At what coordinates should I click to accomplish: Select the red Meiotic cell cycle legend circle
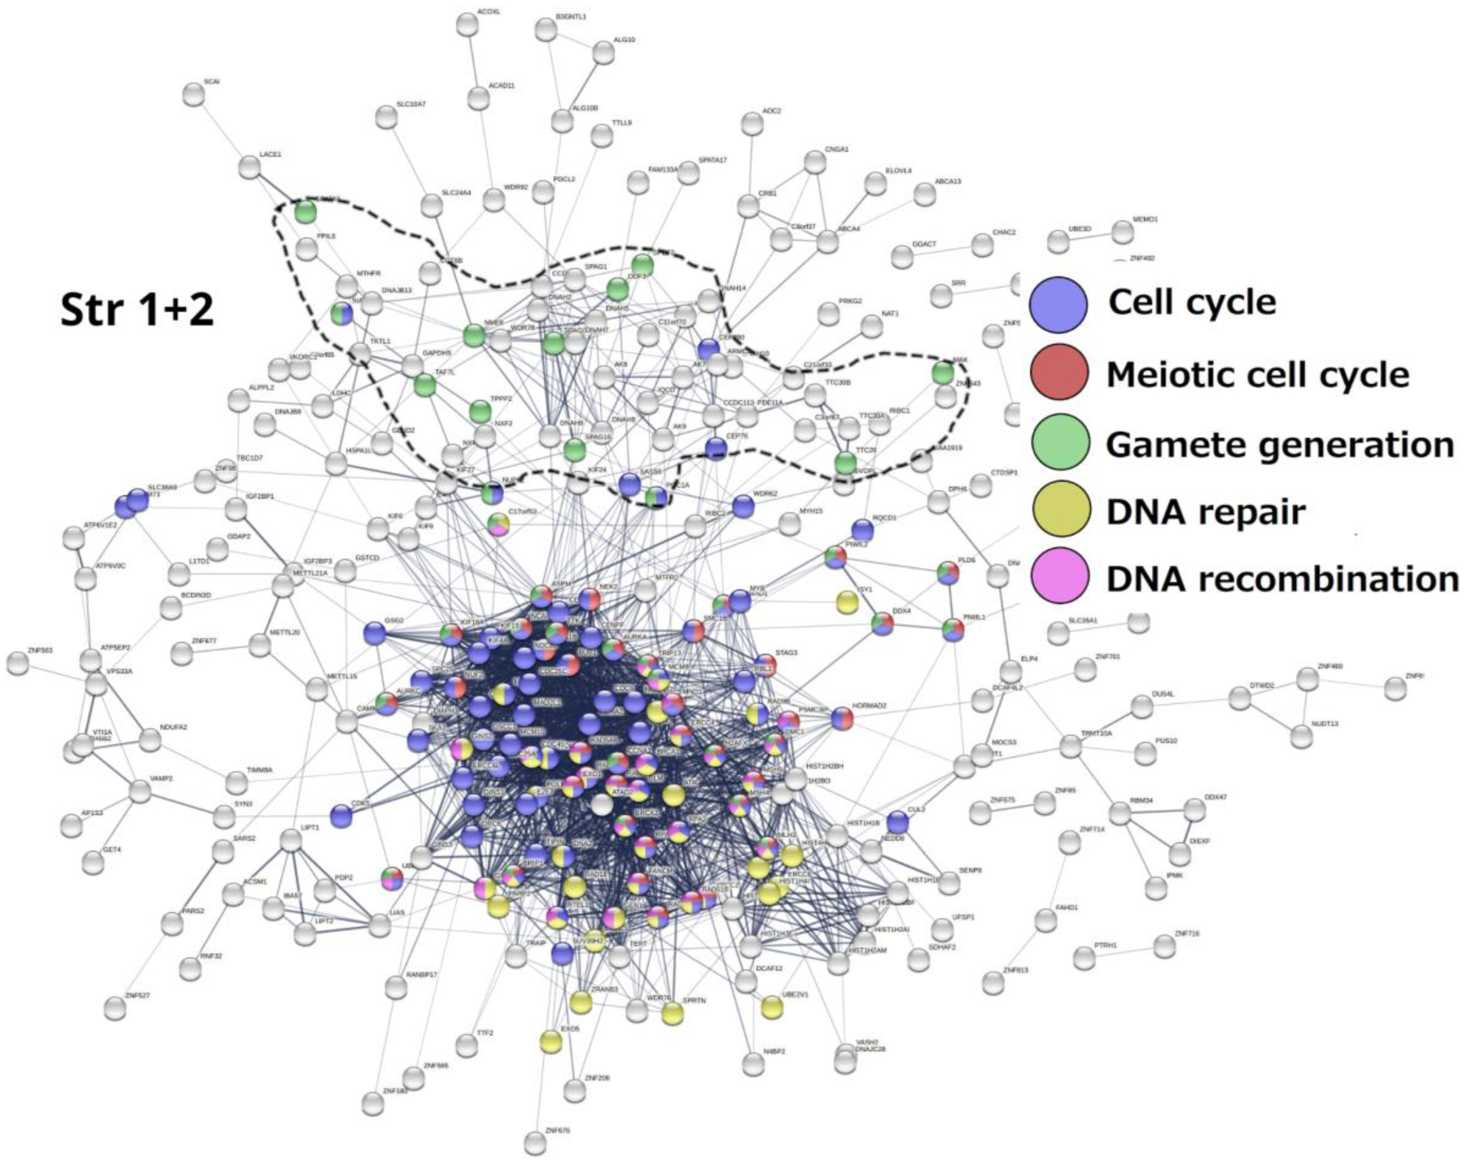pyautogui.click(x=1058, y=372)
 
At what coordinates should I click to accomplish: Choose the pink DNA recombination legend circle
pyautogui.click(x=1058, y=576)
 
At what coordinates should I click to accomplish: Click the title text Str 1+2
pyautogui.click(x=137, y=309)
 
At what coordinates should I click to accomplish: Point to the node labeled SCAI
pyautogui.click(x=194, y=95)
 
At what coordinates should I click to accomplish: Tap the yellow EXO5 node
pyautogui.click(x=551, y=1041)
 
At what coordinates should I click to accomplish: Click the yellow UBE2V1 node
pyautogui.click(x=772, y=1007)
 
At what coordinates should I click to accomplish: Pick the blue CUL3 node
pyautogui.click(x=897, y=822)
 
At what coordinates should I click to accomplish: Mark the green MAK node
pyautogui.click(x=943, y=373)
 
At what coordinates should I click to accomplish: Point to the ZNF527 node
pyautogui.click(x=115, y=1008)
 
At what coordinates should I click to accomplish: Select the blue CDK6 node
pyautogui.click(x=341, y=815)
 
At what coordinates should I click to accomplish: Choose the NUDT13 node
pyautogui.click(x=1301, y=736)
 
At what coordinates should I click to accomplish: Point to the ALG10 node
pyautogui.click(x=603, y=52)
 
